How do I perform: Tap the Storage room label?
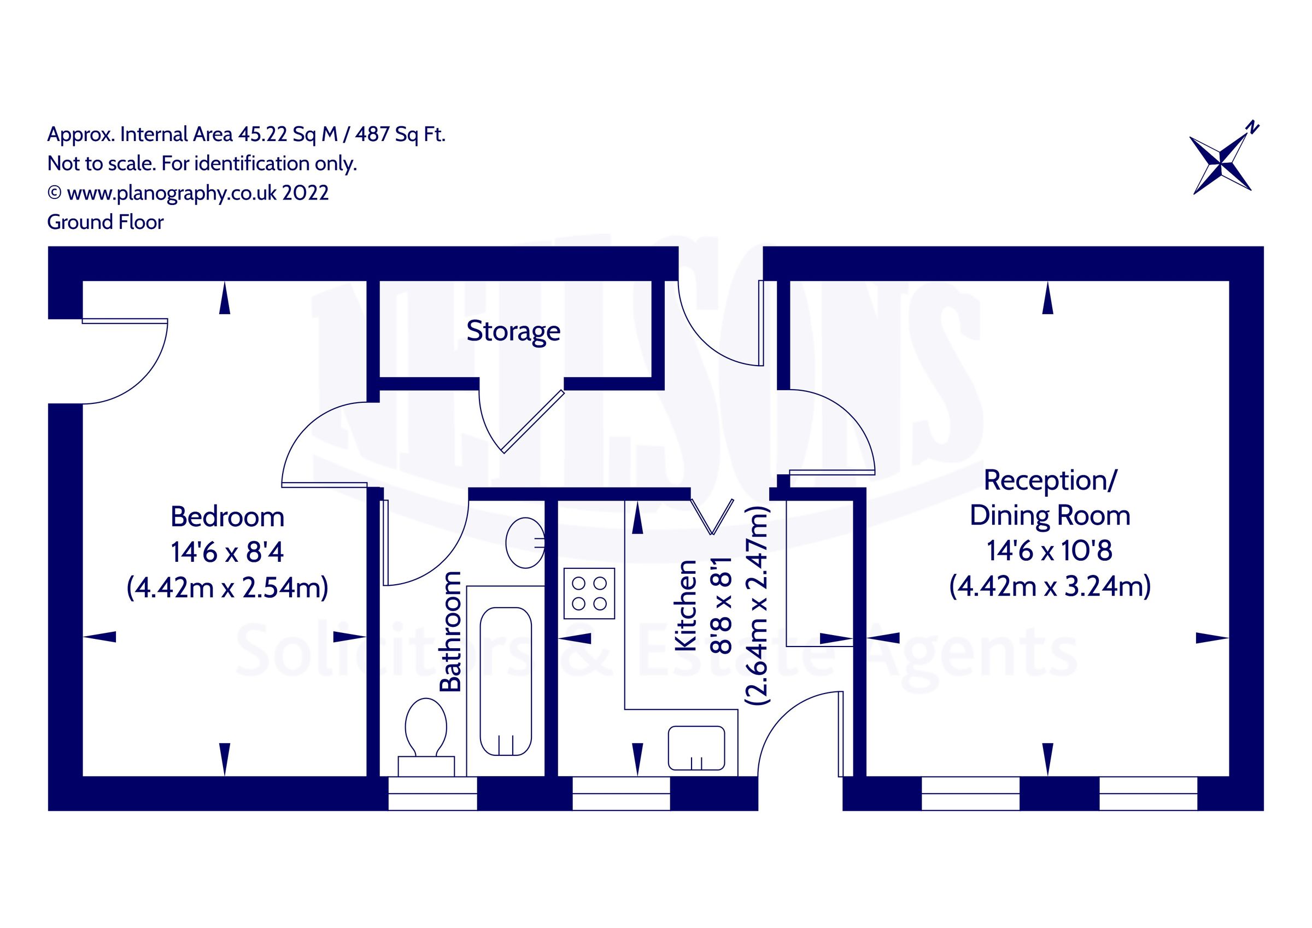coord(513,331)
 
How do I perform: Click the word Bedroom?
coord(227,517)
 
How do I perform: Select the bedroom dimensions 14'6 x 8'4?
coord(227,553)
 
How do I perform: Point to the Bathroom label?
coord(450,631)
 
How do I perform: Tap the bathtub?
coord(506,680)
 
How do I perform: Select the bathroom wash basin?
coord(525,543)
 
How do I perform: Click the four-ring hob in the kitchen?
coord(589,594)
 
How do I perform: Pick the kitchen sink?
coord(696,748)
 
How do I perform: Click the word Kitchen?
coord(686,606)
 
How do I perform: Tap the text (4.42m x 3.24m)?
coord(1050,586)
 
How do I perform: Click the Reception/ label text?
coord(1050,480)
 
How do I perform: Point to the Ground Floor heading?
coord(105,222)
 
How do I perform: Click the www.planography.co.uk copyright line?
coord(189,193)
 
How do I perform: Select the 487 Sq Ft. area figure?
coord(400,134)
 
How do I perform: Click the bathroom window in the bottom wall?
coord(432,793)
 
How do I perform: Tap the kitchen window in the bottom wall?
coord(621,793)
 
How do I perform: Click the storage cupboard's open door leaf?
coord(533,422)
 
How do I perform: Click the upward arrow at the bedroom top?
coord(225,299)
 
